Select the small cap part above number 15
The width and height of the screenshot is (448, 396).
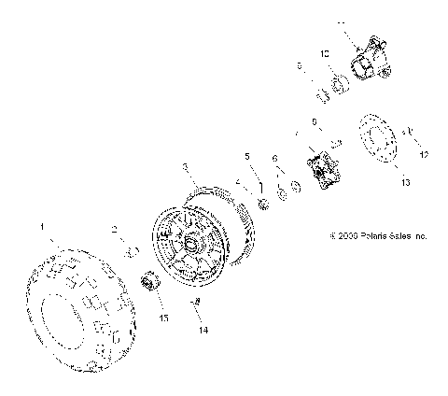(x=147, y=281)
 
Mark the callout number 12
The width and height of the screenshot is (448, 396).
(x=422, y=153)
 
